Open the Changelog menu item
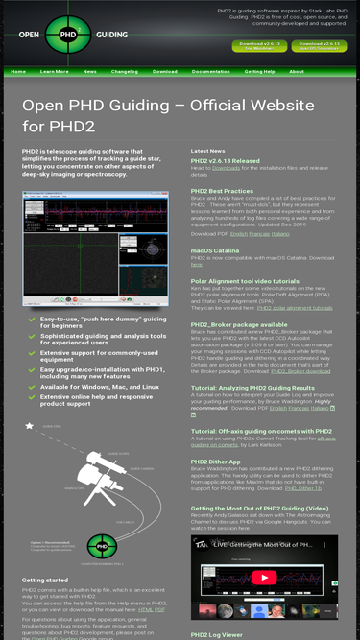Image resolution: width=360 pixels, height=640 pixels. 125,71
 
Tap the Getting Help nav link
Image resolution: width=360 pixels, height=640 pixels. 259,71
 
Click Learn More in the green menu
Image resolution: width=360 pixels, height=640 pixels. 55,71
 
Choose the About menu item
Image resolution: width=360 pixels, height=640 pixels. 297,71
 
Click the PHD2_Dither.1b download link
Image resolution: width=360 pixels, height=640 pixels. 302,487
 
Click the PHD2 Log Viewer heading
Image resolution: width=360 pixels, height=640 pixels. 219,634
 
